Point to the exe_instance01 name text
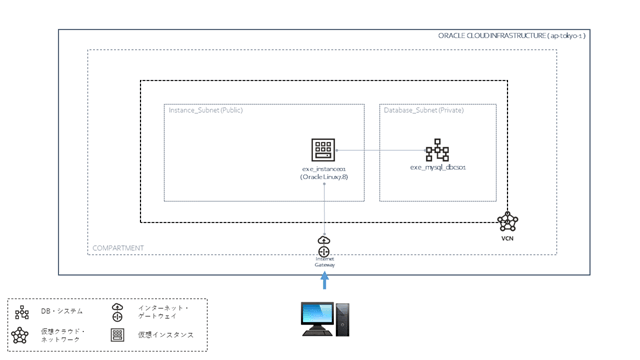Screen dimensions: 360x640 click(x=326, y=170)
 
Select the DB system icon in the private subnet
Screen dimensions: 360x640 click(x=437, y=151)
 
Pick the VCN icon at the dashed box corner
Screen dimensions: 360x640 click(x=507, y=222)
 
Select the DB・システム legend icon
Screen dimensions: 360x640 click(x=24, y=312)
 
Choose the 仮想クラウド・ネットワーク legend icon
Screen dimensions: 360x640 click(x=24, y=334)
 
